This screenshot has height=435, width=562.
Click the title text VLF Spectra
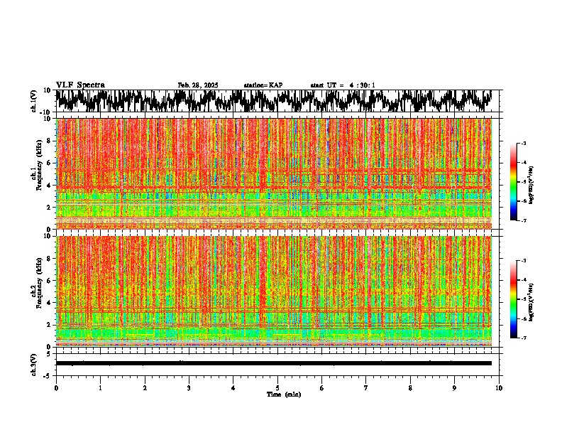point(80,85)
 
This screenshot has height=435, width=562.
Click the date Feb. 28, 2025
point(198,85)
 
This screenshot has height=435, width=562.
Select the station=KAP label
point(263,85)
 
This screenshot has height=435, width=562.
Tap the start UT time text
point(343,85)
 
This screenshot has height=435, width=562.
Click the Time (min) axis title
point(283,394)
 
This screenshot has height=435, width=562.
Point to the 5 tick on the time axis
point(277,388)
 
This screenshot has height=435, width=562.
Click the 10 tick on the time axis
point(500,388)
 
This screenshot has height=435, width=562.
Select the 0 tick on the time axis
point(56,388)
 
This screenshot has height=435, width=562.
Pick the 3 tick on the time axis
point(189,388)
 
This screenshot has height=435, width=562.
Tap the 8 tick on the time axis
point(411,388)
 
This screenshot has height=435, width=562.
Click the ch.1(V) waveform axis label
point(34,101)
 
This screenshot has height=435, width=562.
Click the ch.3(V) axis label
point(34,363)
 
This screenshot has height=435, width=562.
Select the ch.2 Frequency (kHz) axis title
point(36,291)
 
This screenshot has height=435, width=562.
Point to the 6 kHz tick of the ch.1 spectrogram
point(49,163)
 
